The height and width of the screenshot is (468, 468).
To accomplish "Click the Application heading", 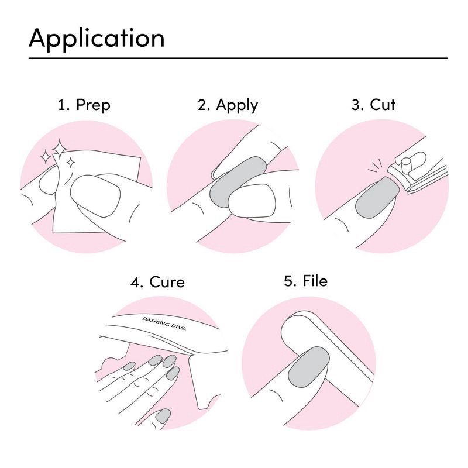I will (x=97, y=38).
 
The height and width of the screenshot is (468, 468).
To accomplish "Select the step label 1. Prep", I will (x=84, y=105).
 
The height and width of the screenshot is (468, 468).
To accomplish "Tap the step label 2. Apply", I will (x=228, y=105).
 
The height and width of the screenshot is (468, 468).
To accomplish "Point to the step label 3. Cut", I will (x=373, y=105).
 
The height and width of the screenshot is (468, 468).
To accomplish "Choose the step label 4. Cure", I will (x=157, y=282).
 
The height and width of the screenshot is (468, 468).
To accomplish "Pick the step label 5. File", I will (x=305, y=281).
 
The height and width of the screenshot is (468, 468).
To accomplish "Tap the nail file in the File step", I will (x=328, y=345).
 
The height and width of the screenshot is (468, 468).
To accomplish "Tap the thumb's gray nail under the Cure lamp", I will (x=163, y=416).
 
